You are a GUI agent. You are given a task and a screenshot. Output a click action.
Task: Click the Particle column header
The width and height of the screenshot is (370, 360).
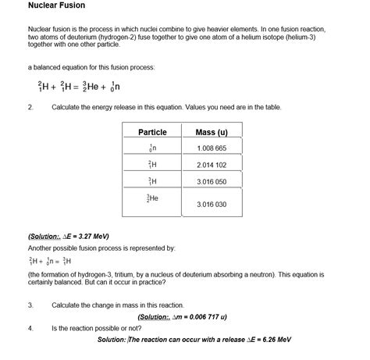152,132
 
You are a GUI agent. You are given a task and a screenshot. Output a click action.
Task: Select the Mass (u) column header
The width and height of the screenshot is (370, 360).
211,132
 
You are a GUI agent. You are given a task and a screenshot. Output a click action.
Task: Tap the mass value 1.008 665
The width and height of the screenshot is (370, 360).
212,148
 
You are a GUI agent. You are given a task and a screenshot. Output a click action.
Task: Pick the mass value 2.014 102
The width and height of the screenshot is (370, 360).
212,165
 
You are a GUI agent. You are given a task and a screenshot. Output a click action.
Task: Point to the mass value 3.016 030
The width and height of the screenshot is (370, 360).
212,205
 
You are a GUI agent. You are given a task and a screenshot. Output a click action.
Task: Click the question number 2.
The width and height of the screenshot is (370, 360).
30,107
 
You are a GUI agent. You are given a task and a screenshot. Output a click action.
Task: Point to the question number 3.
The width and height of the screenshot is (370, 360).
30,305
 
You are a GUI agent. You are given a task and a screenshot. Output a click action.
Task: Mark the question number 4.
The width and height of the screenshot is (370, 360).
30,328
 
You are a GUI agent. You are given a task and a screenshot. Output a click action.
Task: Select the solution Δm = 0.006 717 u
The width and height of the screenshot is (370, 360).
182,317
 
